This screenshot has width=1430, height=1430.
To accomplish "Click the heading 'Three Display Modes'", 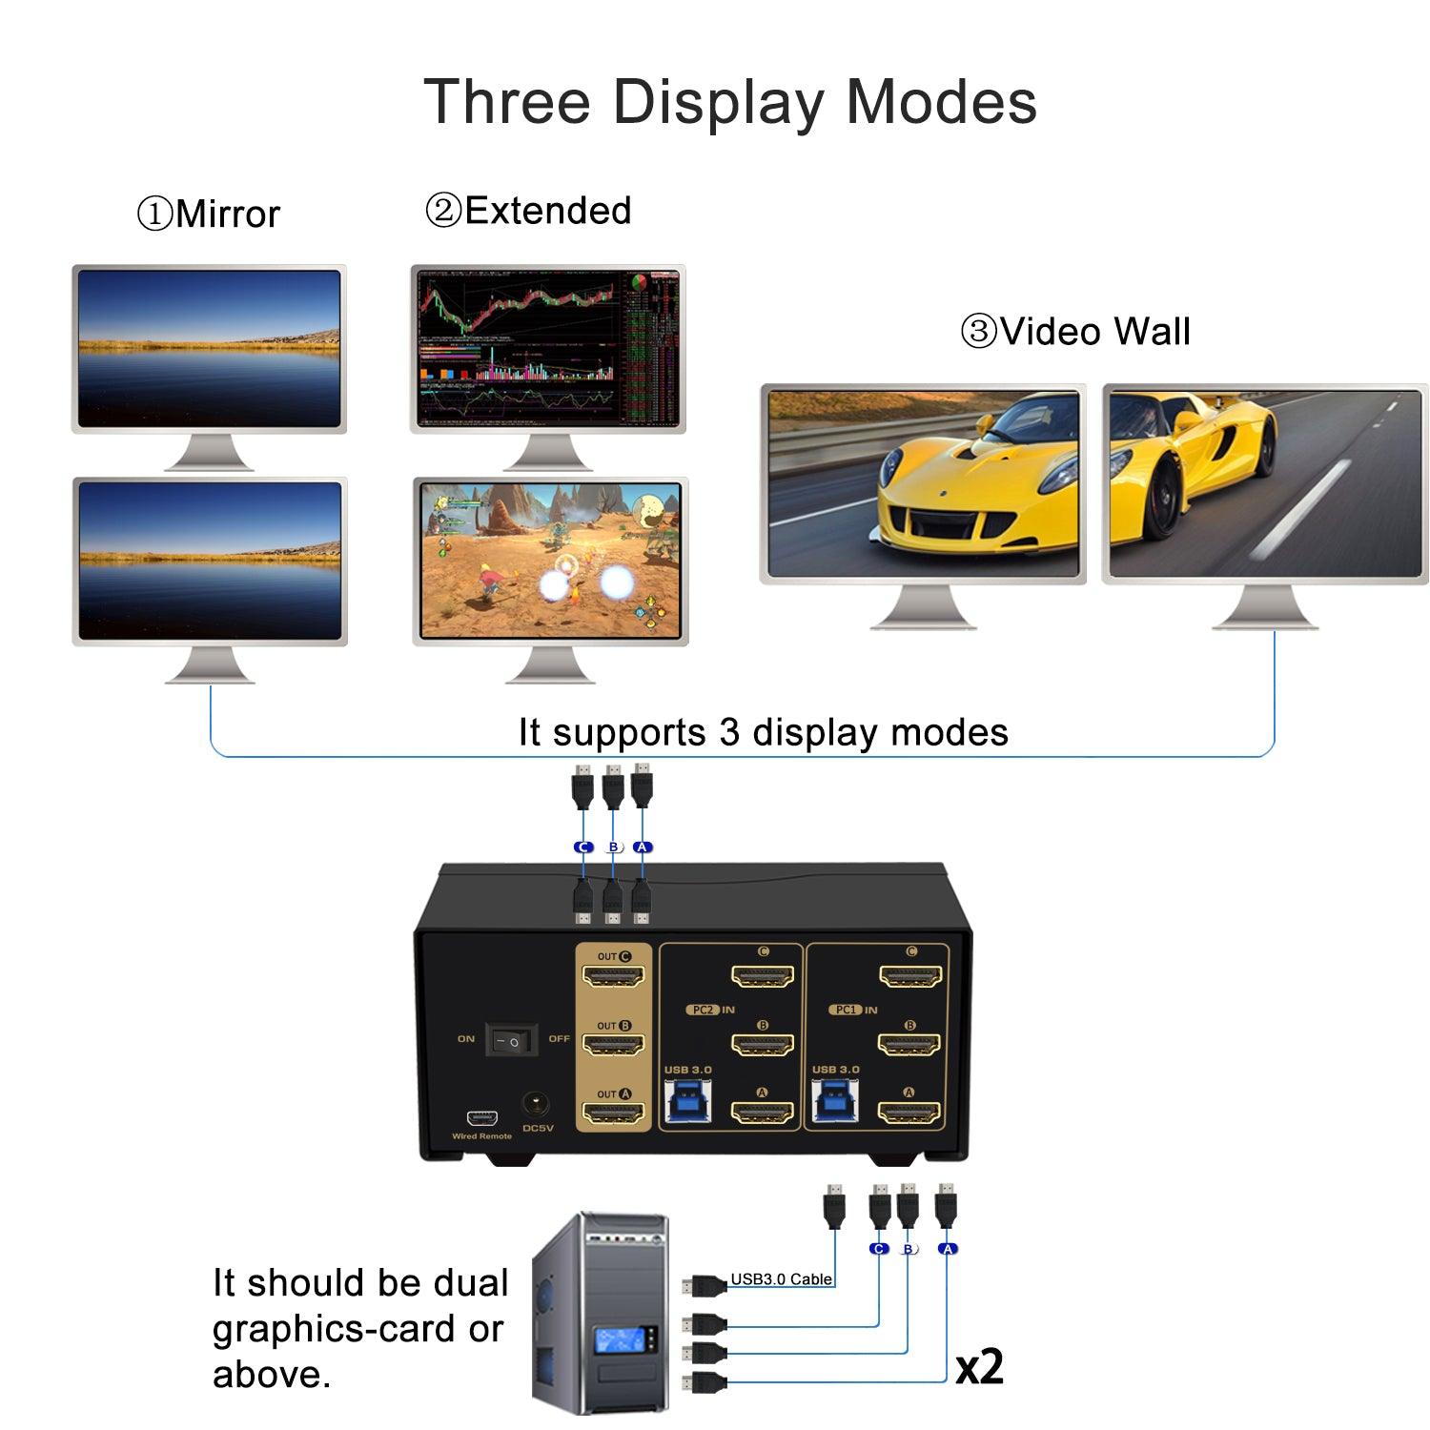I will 729,101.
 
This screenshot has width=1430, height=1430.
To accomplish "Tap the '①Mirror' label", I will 209,214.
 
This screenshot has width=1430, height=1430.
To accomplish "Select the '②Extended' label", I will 528,211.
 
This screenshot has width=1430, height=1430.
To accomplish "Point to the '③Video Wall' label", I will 1074,332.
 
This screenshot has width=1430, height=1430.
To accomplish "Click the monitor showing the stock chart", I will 548,349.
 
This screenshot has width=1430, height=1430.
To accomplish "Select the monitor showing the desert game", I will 550,561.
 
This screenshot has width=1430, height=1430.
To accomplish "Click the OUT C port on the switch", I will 614,976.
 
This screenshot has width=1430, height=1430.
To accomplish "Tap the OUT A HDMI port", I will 614,1113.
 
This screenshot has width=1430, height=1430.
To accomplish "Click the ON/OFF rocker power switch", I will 512,1040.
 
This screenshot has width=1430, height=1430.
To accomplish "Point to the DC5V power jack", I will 537,1107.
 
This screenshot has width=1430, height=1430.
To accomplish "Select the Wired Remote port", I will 481,1118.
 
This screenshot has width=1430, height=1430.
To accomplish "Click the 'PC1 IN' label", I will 855,1010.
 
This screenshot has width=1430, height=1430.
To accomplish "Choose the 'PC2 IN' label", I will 711,1010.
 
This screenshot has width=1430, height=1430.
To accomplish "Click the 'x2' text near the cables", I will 979,1367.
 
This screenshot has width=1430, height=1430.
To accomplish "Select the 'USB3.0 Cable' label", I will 781,1279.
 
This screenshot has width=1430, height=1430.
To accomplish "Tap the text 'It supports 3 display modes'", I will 763,732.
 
